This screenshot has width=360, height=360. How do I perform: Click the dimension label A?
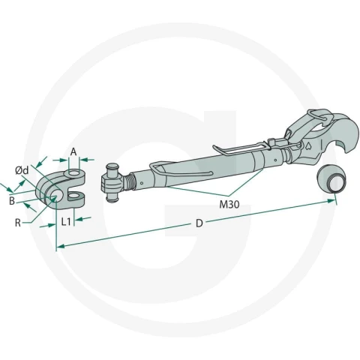73,151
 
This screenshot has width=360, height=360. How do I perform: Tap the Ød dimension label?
22,170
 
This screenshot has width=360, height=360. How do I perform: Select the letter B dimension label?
12,201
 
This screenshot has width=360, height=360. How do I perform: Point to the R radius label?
18,223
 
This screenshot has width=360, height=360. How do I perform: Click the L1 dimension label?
66,221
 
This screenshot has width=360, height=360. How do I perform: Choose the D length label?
199,223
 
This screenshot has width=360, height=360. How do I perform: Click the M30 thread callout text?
229,205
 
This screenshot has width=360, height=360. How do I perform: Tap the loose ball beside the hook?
331,179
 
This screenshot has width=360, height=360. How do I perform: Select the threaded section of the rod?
129,181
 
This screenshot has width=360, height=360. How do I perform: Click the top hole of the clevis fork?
74,172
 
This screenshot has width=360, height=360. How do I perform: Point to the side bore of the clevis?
57,196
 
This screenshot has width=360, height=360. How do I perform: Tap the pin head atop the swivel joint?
112,166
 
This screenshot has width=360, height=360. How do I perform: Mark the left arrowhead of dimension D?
61,246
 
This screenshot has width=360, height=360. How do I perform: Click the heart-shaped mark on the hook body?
308,145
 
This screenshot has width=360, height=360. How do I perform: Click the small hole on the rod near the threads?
142,183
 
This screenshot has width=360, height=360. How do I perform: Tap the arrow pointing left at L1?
83,219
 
